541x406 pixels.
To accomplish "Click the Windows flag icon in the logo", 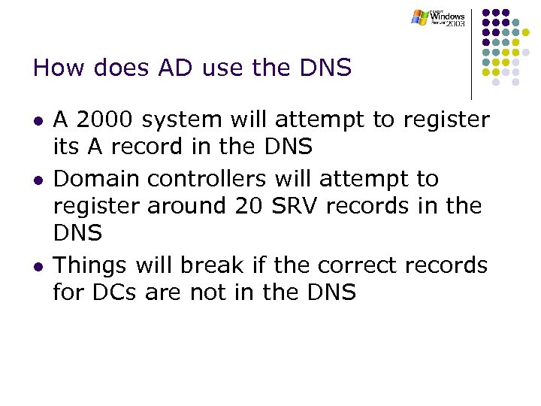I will pos(419,17).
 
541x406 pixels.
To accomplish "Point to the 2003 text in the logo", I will pos(455,24).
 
